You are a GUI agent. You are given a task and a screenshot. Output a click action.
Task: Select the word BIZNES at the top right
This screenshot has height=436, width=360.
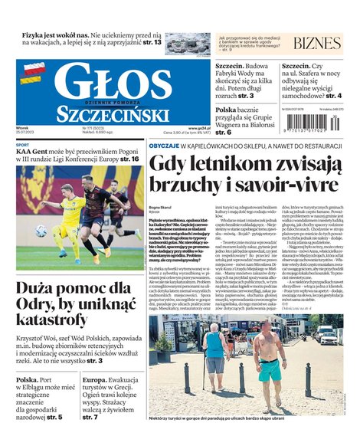(x=316, y=43)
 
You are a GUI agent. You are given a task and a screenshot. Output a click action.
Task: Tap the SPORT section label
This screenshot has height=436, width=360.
(x=23, y=145)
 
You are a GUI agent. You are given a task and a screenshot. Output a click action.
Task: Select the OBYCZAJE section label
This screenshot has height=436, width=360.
(x=165, y=145)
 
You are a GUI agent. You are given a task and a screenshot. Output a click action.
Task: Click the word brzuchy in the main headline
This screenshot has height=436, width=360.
(x=185, y=186)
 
